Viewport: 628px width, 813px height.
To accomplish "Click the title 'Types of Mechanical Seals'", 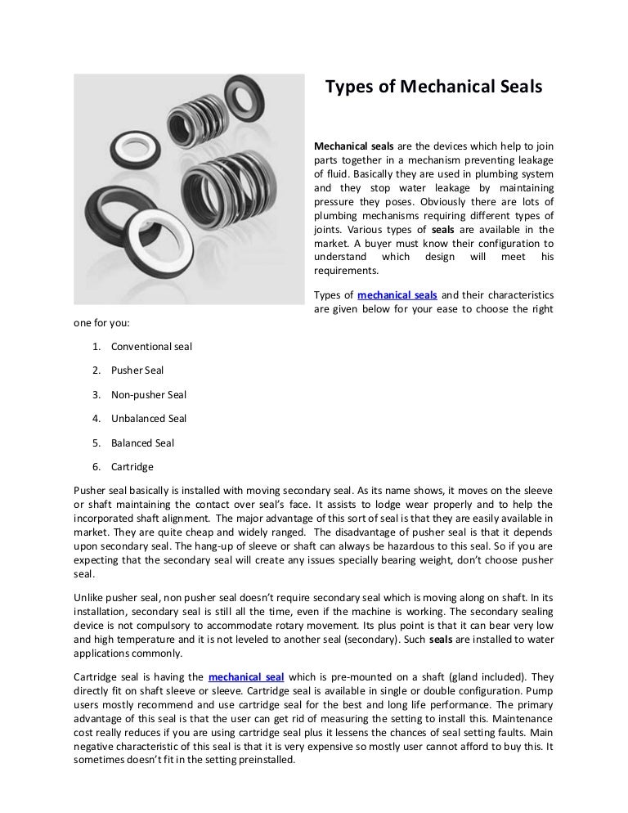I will coord(434,86).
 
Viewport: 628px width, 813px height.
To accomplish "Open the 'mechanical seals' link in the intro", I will coord(397,294).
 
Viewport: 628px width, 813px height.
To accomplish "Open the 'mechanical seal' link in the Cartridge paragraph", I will coord(246,676).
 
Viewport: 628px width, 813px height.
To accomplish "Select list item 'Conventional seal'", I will coord(151,346).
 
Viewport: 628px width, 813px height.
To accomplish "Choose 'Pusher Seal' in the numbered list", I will coord(137,371).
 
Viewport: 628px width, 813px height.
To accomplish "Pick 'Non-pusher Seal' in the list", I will coord(149,394).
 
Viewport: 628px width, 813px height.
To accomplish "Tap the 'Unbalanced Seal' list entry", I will coord(149,419).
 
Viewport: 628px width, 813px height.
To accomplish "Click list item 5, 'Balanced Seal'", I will coord(142,443).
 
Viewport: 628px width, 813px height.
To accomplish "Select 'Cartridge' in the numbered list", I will coord(132,467).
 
